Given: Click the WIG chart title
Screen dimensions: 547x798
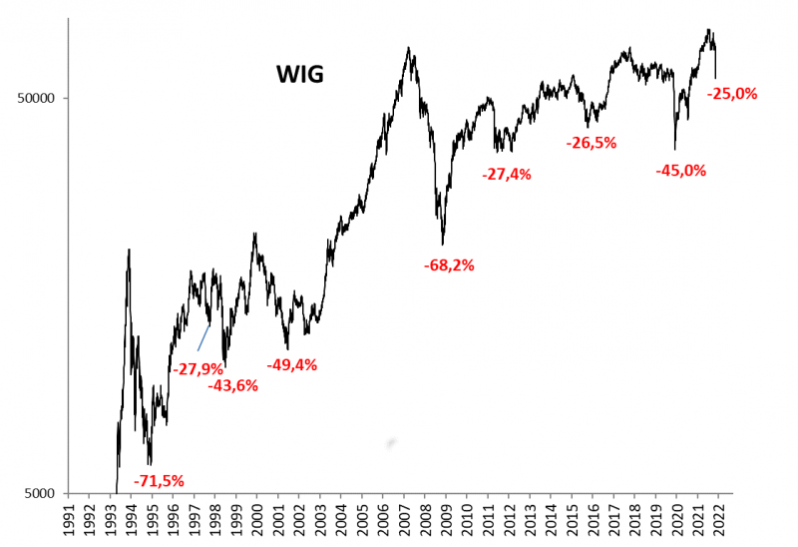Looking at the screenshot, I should [299, 74].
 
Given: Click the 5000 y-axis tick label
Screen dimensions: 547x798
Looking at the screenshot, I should [44, 493].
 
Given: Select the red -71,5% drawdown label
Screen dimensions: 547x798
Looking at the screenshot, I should [159, 481].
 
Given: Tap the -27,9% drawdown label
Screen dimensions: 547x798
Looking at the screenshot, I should [199, 369].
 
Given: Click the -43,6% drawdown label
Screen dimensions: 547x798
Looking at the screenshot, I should [232, 385].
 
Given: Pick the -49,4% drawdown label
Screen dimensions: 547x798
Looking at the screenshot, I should [291, 364].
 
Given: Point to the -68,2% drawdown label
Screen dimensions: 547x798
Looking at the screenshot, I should [448, 266].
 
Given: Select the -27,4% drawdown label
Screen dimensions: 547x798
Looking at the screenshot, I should [506, 174].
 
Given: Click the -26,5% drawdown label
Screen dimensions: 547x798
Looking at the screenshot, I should [592, 143].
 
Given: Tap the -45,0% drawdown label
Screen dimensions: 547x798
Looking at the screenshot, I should [680, 171].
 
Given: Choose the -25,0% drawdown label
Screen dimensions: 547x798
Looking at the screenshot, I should [733, 94].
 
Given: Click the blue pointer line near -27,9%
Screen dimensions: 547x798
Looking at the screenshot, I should [203, 337].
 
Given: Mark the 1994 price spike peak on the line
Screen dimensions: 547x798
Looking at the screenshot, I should [129, 250].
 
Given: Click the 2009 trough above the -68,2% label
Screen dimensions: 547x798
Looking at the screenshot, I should [443, 244].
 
